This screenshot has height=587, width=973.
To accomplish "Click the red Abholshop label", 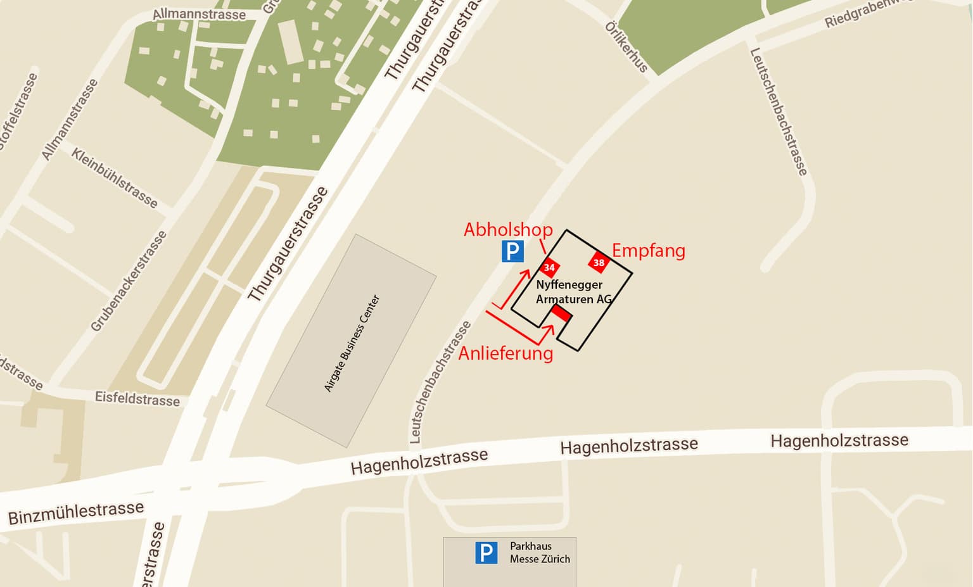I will click(x=508, y=229).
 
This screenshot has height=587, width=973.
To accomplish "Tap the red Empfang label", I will click(x=648, y=251).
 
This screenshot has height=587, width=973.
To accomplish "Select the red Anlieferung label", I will click(x=506, y=353).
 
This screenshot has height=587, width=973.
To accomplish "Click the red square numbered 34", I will click(x=549, y=267).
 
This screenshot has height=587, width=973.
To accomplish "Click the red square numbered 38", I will click(x=599, y=262).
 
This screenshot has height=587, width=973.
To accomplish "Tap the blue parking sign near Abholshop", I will click(x=512, y=251).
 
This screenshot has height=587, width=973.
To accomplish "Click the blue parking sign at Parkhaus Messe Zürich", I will click(x=486, y=553).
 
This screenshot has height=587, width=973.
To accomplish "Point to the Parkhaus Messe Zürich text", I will click(x=540, y=553).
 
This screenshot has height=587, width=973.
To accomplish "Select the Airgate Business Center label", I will click(x=352, y=343).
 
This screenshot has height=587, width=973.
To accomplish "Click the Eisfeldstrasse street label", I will click(x=137, y=399).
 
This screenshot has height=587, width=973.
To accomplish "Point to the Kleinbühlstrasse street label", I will click(x=114, y=177).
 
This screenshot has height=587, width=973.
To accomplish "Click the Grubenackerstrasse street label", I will click(x=129, y=281).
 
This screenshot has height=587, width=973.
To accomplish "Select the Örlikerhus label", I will click(x=626, y=46).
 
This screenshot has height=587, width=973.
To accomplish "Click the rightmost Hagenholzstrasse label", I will click(x=839, y=440).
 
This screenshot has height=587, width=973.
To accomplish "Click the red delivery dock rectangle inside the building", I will click(x=561, y=312).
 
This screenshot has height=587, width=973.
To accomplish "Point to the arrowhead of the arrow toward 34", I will click(x=526, y=273).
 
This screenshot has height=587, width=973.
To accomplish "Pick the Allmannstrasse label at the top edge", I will click(x=199, y=14).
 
